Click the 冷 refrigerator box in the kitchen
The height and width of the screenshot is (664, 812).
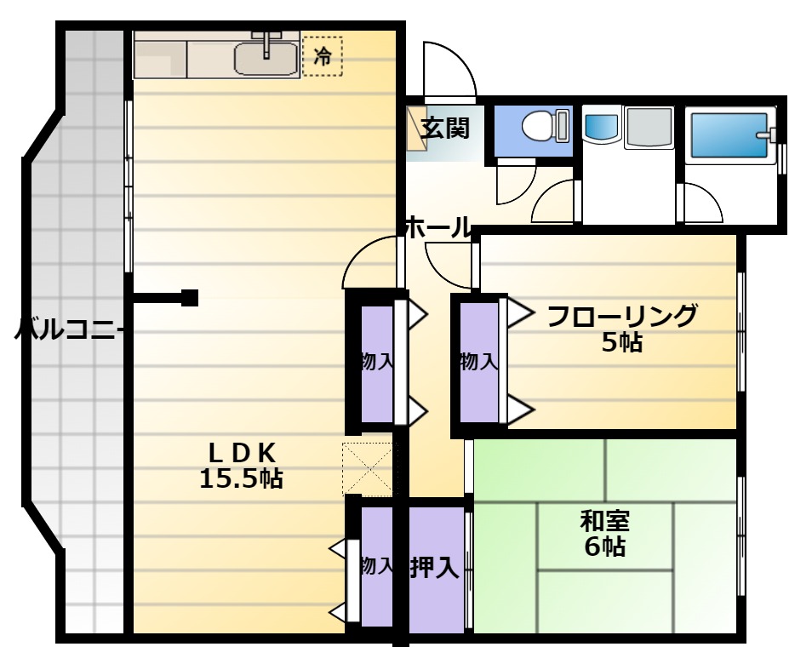tap(322, 56)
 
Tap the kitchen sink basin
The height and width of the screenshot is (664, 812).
tap(266, 59)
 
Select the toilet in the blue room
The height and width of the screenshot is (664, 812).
tap(545, 125)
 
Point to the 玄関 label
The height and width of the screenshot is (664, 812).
tap(444, 128)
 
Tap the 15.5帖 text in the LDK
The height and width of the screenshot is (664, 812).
tap(241, 478)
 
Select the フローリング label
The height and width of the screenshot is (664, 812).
tap(621, 316)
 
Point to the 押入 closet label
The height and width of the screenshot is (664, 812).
tap(434, 567)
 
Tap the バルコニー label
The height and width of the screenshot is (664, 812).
tap(68, 329)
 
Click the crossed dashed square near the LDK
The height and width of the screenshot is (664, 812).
tap(369, 469)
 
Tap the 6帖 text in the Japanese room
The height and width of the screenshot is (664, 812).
tap(605, 547)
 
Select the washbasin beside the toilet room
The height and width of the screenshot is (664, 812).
tap(601, 124)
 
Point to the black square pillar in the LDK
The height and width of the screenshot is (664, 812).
tap(190, 298)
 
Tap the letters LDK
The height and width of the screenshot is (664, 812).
tap(242, 454)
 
